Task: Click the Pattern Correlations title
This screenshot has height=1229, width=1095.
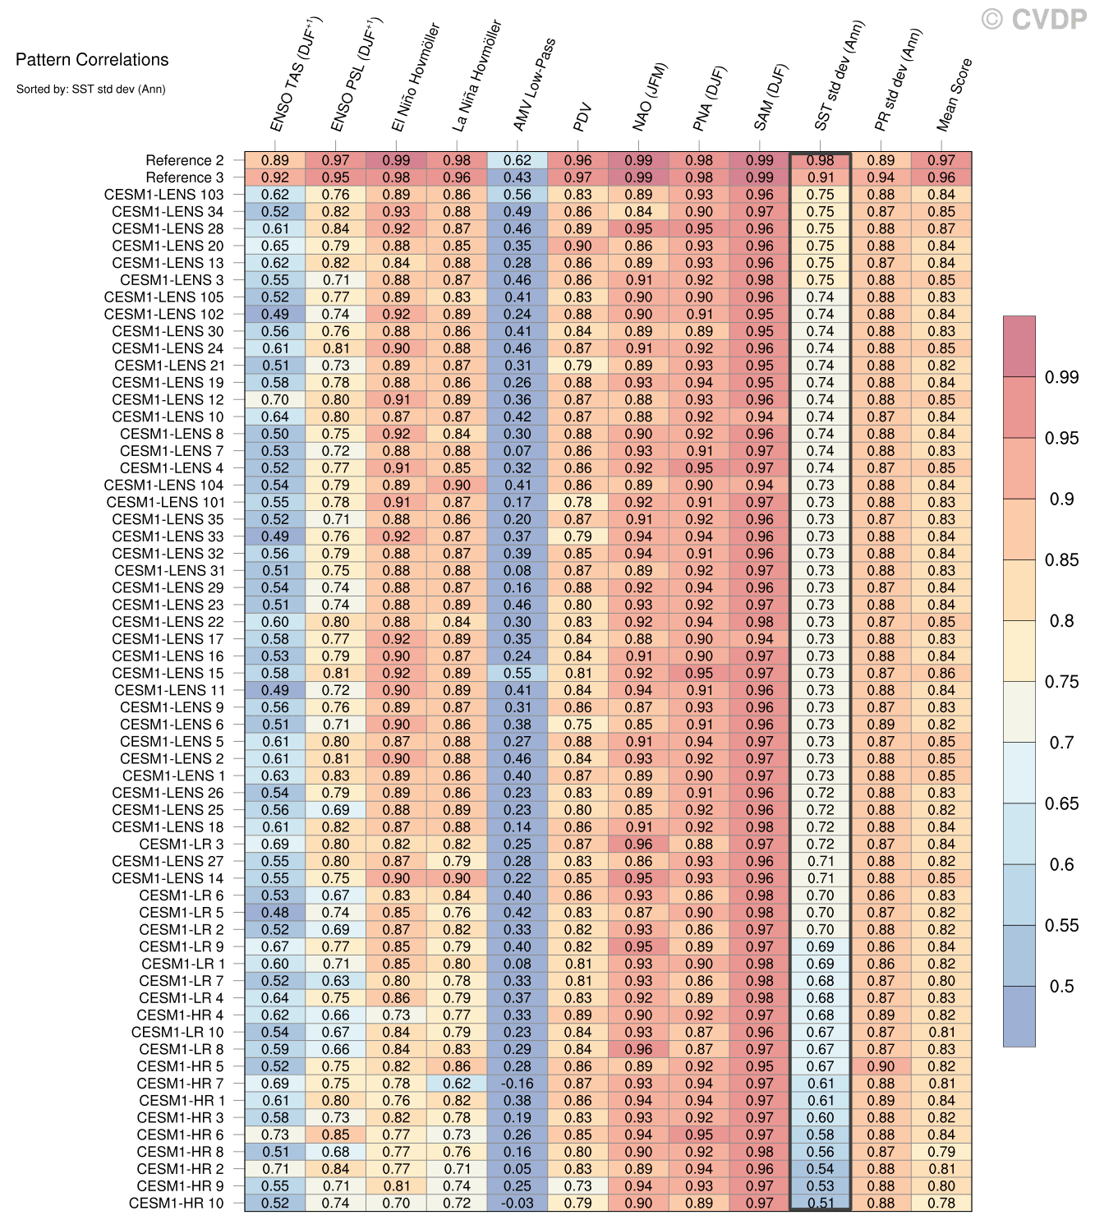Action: coord(92,60)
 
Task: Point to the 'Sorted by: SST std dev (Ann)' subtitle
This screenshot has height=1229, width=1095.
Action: coord(90,89)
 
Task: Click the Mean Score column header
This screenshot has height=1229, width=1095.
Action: coord(954,94)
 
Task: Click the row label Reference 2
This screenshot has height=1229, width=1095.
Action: coord(184,161)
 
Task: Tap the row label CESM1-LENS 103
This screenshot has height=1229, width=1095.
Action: coord(164,195)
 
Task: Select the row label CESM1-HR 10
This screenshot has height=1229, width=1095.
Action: coord(176,1203)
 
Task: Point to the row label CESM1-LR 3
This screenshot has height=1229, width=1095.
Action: coord(181,844)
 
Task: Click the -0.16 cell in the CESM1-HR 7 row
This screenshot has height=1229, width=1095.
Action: coord(518,1084)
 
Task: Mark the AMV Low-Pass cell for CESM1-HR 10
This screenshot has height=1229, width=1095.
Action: coord(518,1203)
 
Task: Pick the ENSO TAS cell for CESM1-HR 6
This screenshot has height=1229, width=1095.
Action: coord(275,1135)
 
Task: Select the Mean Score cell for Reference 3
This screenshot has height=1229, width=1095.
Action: coord(941,177)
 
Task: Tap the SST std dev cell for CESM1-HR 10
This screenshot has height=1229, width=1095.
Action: coord(820,1203)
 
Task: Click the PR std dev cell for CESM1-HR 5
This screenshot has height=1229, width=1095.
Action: coord(881,1066)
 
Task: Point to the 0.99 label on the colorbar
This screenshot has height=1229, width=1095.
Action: coord(1061,377)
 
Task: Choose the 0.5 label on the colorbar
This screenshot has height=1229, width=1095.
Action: coord(1061,986)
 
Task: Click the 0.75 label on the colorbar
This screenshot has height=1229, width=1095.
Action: coord(1061,682)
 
